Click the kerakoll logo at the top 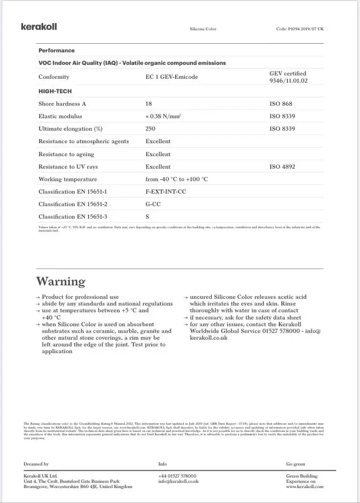click(x=39, y=27)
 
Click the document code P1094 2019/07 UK click(x=300, y=29)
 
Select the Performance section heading click(x=57, y=50)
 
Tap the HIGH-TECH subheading click(x=55, y=91)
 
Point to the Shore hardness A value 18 click(x=149, y=104)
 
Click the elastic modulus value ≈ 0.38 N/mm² click(x=163, y=116)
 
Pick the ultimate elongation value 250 click(x=150, y=129)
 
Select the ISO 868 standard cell click(x=281, y=104)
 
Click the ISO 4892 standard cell click(x=282, y=167)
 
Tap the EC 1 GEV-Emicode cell click(x=171, y=77)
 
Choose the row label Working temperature click(x=68, y=179)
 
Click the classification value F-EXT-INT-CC click(x=166, y=192)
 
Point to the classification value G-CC click(x=154, y=204)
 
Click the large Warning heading click(x=61, y=281)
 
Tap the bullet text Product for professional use click(x=80, y=297)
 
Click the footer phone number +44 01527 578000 click(x=177, y=476)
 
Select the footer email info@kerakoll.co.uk click(x=178, y=481)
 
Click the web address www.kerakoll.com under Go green click(x=305, y=487)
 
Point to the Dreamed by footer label click(x=36, y=464)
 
